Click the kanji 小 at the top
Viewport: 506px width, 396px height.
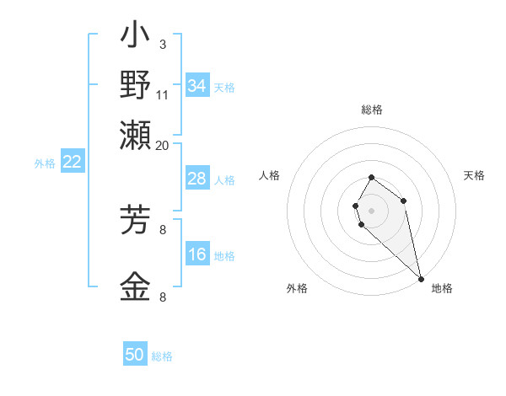click(x=135, y=36)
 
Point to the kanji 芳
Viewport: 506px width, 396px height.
click(x=135, y=222)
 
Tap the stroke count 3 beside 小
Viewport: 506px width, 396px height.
click(x=162, y=45)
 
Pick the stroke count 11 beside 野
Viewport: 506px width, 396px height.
click(x=163, y=94)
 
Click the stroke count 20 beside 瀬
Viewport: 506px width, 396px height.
click(x=163, y=144)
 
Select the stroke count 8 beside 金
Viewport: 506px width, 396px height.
click(x=162, y=297)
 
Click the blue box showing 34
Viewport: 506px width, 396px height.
click(x=197, y=86)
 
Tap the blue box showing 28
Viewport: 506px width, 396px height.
click(x=197, y=179)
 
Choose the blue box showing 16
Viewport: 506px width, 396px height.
click(x=197, y=255)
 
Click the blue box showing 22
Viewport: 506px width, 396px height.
click(x=72, y=163)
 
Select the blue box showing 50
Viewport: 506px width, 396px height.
click(x=135, y=355)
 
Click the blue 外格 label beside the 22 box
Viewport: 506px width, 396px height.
click(x=45, y=163)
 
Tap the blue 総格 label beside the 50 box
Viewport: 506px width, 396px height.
click(x=162, y=356)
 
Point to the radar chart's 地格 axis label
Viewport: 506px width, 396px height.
click(x=442, y=288)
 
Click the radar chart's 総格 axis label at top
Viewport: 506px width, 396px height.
click(x=372, y=110)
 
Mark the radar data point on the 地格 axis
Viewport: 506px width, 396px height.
click(x=421, y=278)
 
